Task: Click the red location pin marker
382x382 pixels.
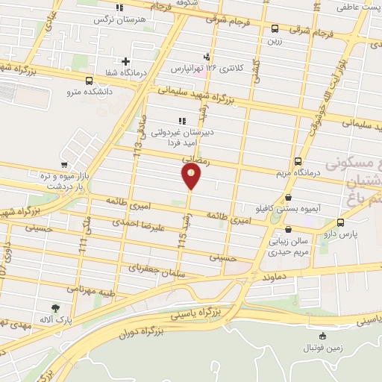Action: point(191,177)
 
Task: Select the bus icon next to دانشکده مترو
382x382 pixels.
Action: point(90,81)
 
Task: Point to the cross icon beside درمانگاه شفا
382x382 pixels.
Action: point(125,61)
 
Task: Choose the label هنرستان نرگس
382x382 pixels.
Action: point(117,19)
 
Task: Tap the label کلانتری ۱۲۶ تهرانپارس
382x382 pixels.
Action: point(208,68)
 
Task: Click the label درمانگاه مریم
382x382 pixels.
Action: point(299,172)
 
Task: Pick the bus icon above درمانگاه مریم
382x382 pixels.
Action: point(298,161)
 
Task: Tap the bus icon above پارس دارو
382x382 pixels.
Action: point(341,222)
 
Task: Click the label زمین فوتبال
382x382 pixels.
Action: point(322,348)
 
